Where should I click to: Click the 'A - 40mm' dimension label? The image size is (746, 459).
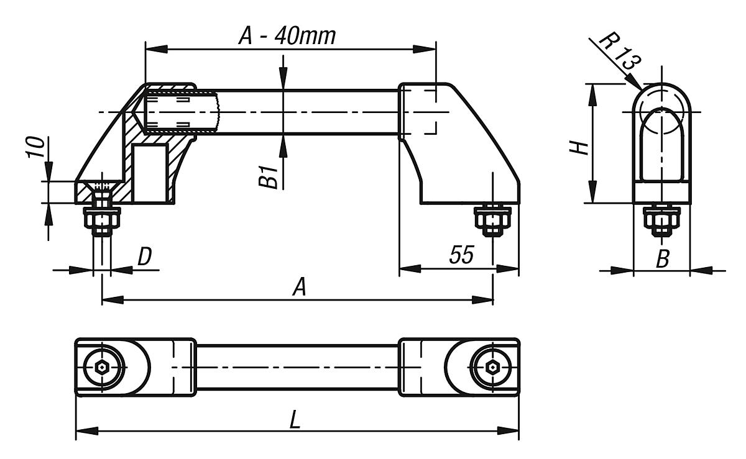(x=287, y=36)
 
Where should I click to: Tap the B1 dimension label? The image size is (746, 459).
(x=268, y=176)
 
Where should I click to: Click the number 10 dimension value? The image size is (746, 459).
(x=37, y=148)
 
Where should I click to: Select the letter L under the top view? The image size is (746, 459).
(x=295, y=420)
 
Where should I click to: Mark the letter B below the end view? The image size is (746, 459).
(x=663, y=259)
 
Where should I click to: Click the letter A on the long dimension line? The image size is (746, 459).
(x=299, y=288)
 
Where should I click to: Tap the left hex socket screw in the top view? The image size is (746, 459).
(x=102, y=367)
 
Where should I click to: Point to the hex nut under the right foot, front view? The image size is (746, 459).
(x=492, y=219)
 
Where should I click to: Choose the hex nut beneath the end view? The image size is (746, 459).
(x=661, y=219)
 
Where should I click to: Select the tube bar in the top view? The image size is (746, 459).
(x=297, y=367)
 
